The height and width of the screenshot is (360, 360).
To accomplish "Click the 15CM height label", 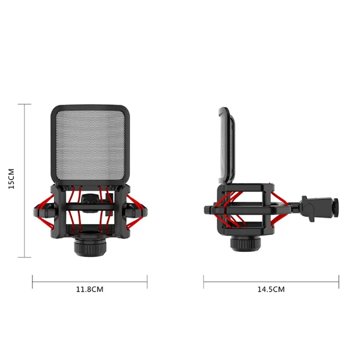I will pos(12,180).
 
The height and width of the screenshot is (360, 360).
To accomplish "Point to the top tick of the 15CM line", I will pos(24,104).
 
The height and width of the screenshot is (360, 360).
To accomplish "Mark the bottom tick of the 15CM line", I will pos(24,257).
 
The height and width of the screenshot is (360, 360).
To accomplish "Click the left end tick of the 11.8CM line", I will pos(32,281).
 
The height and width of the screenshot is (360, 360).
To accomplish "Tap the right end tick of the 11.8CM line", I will pos(147,281).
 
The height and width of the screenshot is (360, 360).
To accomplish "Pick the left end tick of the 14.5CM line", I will pos(203,281).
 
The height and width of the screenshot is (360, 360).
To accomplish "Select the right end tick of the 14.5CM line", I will pos(338,281).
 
